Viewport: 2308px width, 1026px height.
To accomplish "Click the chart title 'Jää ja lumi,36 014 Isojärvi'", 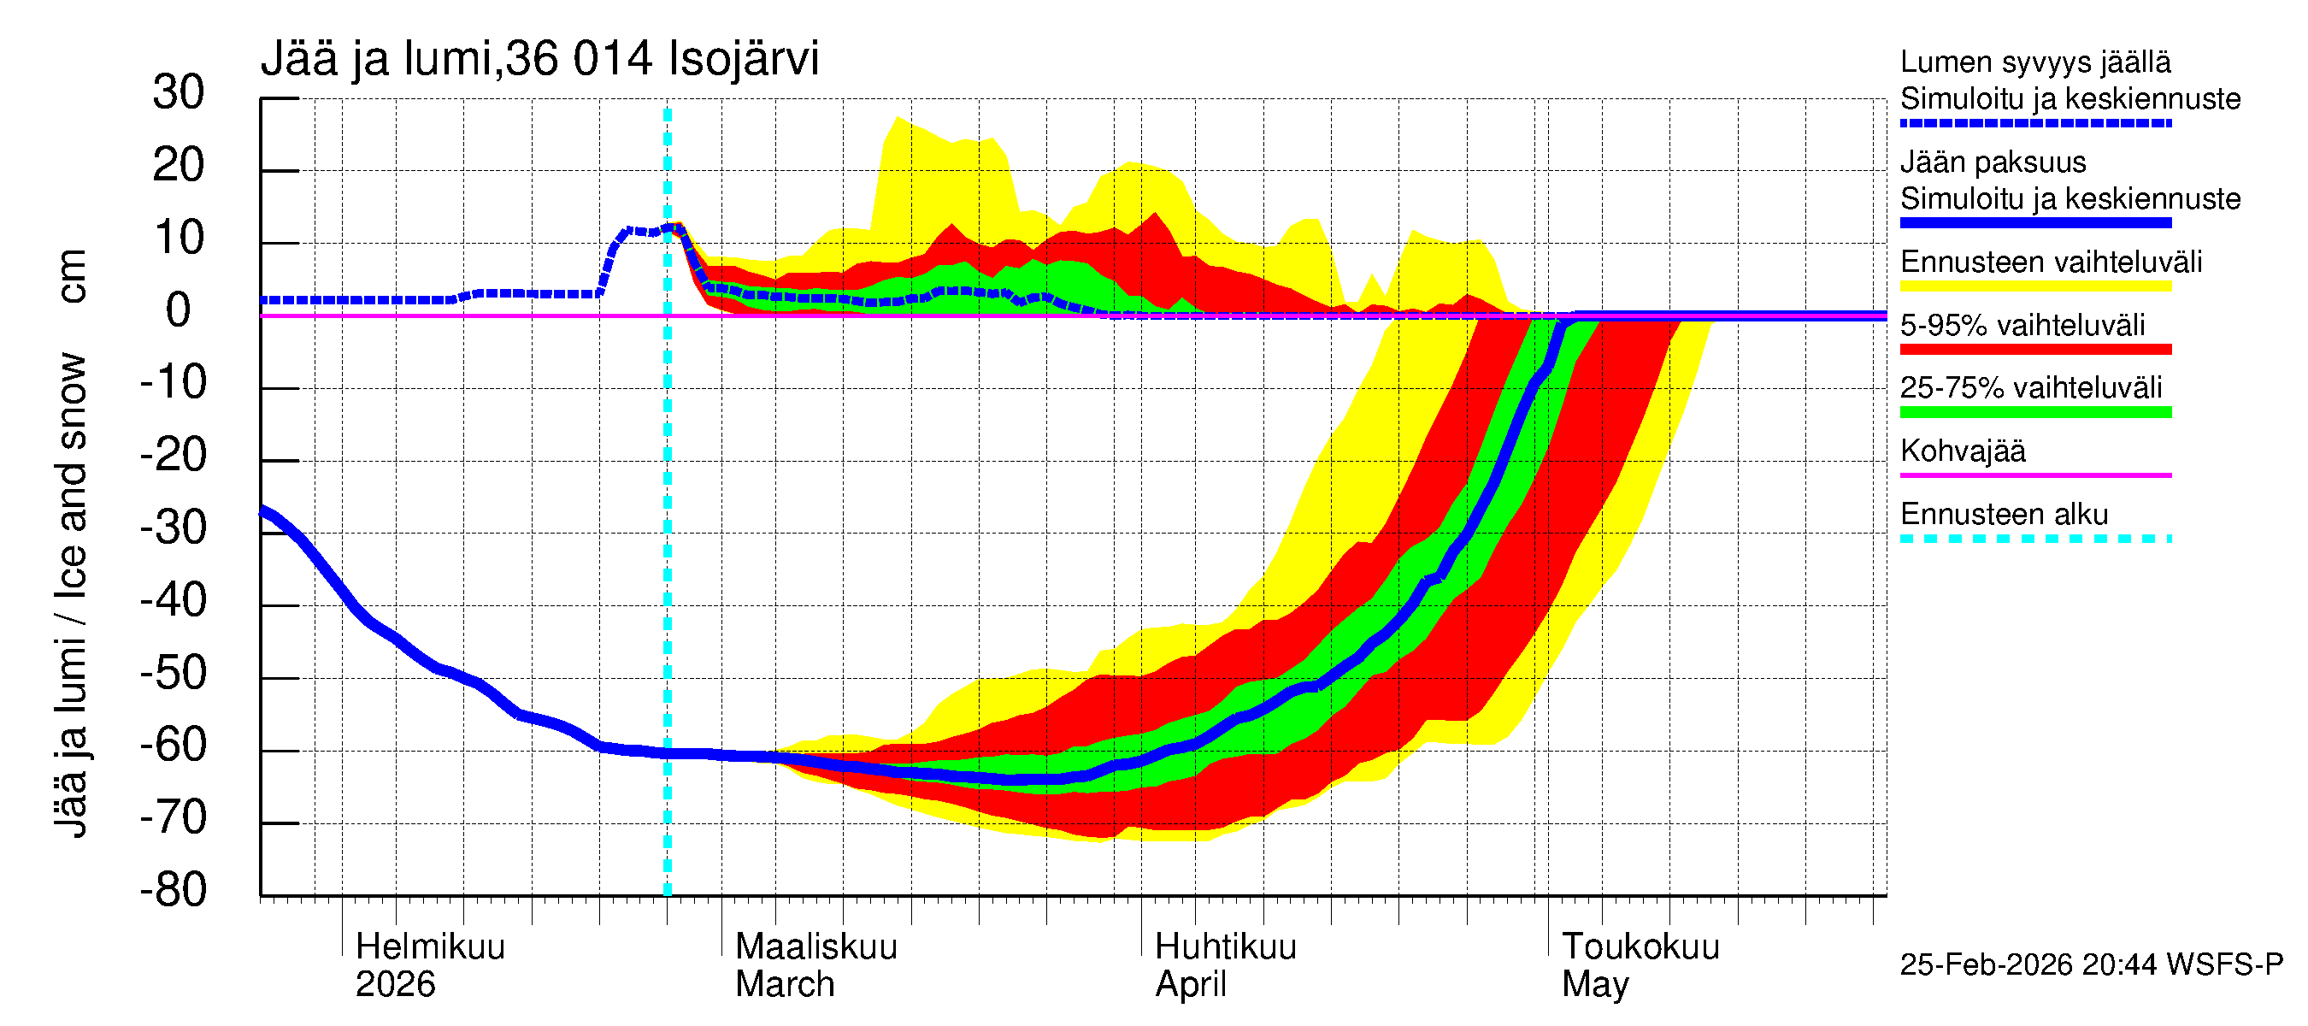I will (x=539, y=59).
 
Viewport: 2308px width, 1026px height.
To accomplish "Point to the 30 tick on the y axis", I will (x=179, y=92).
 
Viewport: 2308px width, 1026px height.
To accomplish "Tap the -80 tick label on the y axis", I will (x=173, y=890).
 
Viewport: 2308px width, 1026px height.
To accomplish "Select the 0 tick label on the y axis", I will (x=179, y=311).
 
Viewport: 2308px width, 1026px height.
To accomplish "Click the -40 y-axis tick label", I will (x=173, y=599).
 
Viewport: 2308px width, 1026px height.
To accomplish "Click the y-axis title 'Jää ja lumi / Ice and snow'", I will (x=71, y=595).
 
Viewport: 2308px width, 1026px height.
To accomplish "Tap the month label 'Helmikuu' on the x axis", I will (x=430, y=947).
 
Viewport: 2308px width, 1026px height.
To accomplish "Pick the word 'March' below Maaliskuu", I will (x=785, y=985).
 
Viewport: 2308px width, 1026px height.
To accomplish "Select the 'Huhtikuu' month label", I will (x=1225, y=947).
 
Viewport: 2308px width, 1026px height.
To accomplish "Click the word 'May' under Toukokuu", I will (x=1595, y=985).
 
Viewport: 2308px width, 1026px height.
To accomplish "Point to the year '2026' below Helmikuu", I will (x=395, y=985).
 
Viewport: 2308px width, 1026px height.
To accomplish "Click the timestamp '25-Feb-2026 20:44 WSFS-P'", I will (x=2091, y=965).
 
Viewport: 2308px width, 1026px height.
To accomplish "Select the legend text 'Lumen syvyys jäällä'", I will (x=2034, y=62).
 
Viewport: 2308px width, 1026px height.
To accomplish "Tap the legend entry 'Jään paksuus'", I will (x=1993, y=162).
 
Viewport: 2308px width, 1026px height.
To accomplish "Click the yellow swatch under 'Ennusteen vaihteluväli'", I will (x=2034, y=286).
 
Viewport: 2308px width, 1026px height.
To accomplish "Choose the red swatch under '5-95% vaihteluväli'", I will (x=2034, y=350).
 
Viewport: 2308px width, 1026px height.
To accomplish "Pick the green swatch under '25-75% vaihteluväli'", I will (x=2034, y=412).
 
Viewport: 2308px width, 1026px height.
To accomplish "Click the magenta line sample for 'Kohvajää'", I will (x=2034, y=475).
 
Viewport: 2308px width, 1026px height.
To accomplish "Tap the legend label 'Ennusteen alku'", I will (x=2004, y=515).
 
